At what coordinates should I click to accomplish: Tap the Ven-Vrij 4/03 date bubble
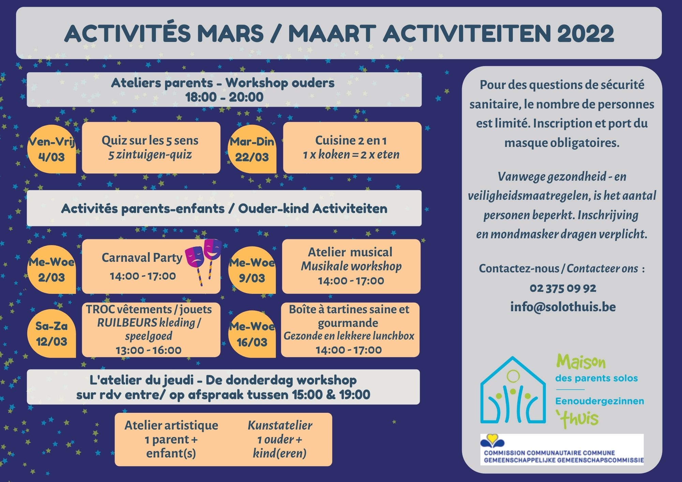coord(51,149)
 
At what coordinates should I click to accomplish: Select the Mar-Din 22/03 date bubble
coord(252,149)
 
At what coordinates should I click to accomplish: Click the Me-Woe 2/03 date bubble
coord(51,269)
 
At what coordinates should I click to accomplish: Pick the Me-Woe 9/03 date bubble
coord(252,270)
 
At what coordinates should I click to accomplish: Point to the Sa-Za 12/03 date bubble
coord(51,333)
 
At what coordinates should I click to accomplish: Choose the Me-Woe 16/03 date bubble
coord(252,334)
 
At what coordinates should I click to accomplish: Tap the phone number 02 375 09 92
coord(563,288)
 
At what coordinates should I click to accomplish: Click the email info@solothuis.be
coord(563,307)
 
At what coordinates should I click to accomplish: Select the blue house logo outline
coord(513,390)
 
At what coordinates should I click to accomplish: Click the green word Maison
coord(581,362)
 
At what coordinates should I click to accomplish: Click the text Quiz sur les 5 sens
coord(150,140)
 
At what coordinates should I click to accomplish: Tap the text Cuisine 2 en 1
coord(351,140)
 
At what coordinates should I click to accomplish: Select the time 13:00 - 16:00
coord(149,350)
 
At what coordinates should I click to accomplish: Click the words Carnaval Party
coord(142,258)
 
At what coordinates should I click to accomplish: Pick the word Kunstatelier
coord(280,425)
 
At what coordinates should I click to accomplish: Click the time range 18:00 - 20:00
coord(224,97)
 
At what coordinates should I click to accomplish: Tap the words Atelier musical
coord(350,252)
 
